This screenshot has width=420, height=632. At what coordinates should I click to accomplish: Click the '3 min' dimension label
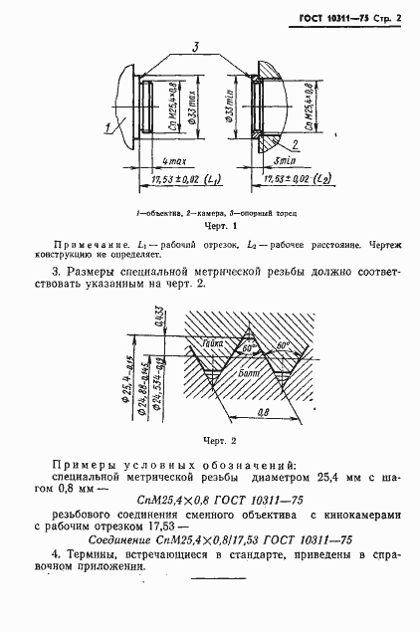coord(282,159)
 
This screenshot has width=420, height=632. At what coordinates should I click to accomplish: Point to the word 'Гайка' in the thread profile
coord(212,343)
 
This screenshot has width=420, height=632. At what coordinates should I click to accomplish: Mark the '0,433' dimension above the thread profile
coord(160,318)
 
